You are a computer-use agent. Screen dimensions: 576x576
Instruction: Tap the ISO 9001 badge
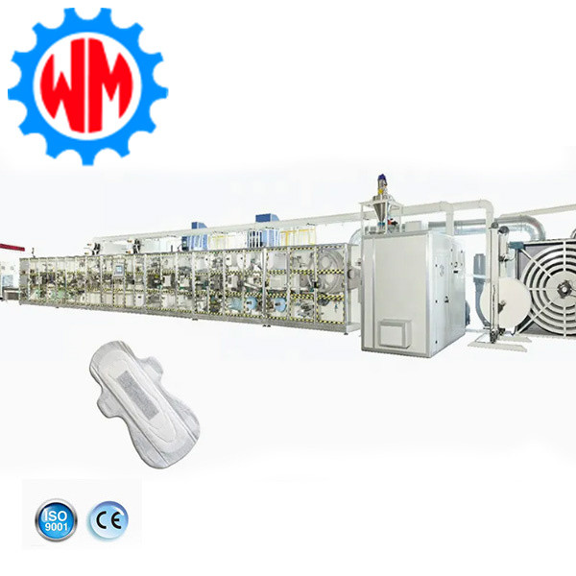coord(56,519)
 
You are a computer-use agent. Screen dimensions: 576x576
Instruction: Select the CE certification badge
coord(108,520)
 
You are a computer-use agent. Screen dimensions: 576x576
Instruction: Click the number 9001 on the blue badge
coord(56,526)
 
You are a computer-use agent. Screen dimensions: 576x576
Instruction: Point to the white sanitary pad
coord(144,404)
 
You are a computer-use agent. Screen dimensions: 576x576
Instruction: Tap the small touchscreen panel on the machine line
coord(119,269)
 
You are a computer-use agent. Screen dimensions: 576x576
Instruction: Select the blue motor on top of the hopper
coord(382,181)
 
